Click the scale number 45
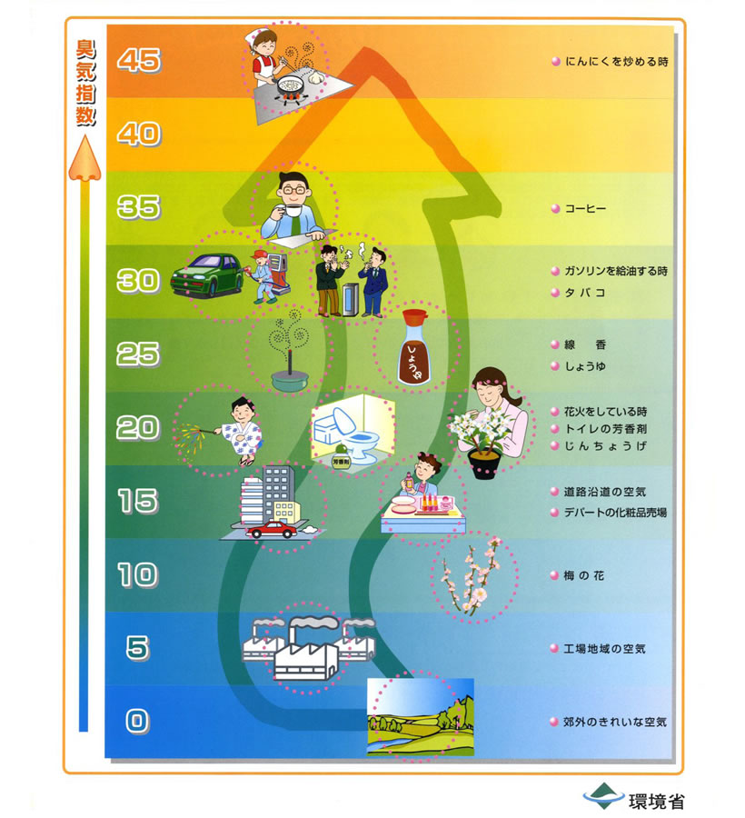[139, 60]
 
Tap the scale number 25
[138, 354]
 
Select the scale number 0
[136, 721]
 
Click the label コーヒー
[585, 209]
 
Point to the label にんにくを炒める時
[616, 62]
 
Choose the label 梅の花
[584, 575]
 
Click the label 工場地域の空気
[605, 649]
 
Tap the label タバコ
[585, 293]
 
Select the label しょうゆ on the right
[585, 366]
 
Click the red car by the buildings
[272, 530]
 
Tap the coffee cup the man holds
[293, 211]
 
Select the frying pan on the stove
[289, 85]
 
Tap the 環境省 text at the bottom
[656, 801]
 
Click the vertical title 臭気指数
[85, 83]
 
